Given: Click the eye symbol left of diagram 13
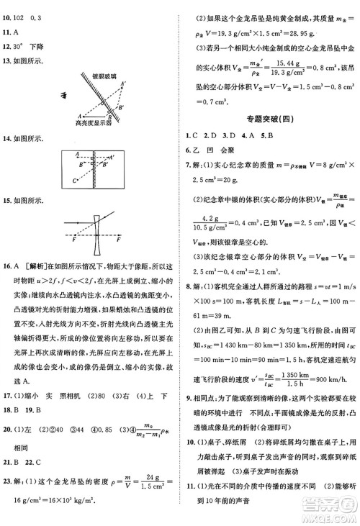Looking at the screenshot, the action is [x=53, y=94].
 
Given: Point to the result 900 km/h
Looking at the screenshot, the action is [x=332, y=381].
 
